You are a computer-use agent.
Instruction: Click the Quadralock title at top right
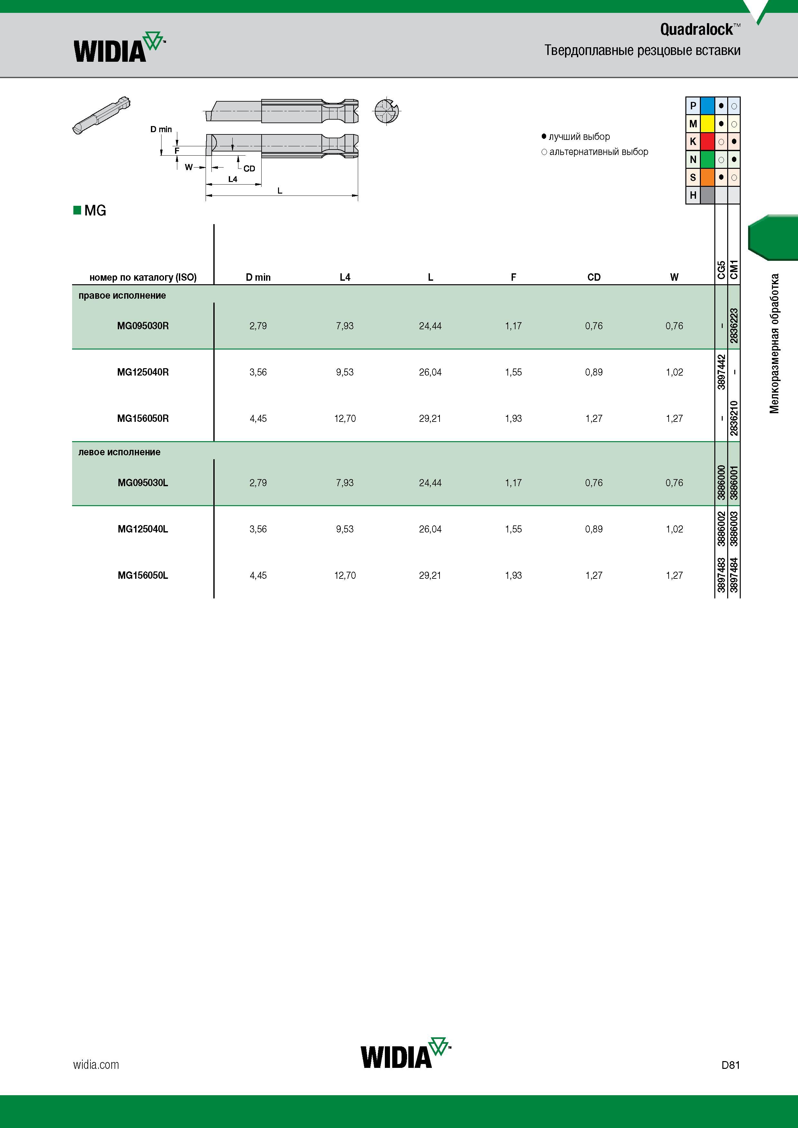point(700,30)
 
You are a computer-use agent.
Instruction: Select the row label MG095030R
point(143,326)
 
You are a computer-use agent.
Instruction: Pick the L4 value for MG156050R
point(345,419)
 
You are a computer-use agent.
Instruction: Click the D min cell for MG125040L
point(258,529)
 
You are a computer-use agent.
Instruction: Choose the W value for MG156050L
point(674,575)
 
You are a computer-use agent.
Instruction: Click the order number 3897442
point(721,372)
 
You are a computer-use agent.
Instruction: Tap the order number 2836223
point(734,326)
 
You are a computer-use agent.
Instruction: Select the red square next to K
point(707,141)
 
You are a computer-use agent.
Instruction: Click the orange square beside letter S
point(707,177)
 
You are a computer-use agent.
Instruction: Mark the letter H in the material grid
point(693,195)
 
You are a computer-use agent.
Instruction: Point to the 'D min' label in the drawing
point(161,129)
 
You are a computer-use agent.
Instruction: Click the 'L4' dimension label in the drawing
point(233,179)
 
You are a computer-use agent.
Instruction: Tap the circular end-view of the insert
point(387,111)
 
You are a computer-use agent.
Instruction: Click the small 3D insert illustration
point(101,115)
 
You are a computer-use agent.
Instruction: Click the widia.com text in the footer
point(96,1065)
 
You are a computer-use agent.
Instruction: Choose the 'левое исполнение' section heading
point(119,452)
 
